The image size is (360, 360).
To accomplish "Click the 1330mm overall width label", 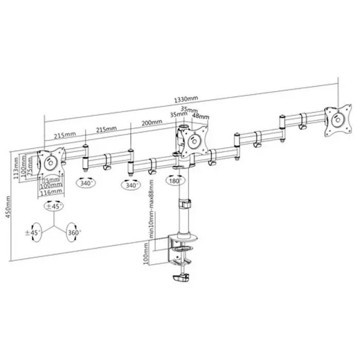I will pos(186,99).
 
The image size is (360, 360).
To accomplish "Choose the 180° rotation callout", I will pos(174,181).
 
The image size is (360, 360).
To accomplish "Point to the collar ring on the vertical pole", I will pos(183,204).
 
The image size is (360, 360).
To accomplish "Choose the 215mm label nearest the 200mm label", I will pos(105,128).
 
